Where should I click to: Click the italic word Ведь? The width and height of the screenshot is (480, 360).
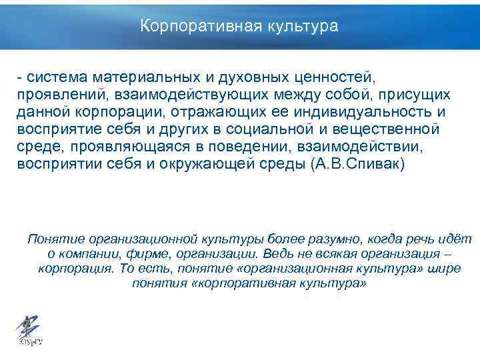click(x=277, y=254)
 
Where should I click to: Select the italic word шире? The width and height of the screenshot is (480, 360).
click(x=446, y=269)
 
